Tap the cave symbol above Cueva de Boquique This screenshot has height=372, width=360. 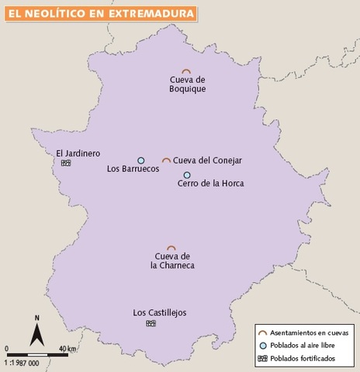[x=186, y=71]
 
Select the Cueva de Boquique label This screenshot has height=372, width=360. [x=186, y=83]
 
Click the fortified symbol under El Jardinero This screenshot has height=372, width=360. [x=66, y=163]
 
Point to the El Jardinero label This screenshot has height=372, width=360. [x=78, y=153]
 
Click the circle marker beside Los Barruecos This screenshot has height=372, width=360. [x=140, y=161]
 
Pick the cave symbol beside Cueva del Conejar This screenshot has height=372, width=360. [x=166, y=160]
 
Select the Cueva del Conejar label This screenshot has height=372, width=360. [x=208, y=160]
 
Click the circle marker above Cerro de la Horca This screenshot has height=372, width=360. [x=187, y=175]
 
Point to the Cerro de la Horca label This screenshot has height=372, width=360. [x=210, y=184]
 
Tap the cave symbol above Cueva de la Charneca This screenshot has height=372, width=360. [x=171, y=248]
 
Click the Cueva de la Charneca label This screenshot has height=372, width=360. [x=172, y=261]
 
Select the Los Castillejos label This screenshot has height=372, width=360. [x=160, y=313]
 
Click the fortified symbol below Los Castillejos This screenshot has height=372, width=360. [x=151, y=322]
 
